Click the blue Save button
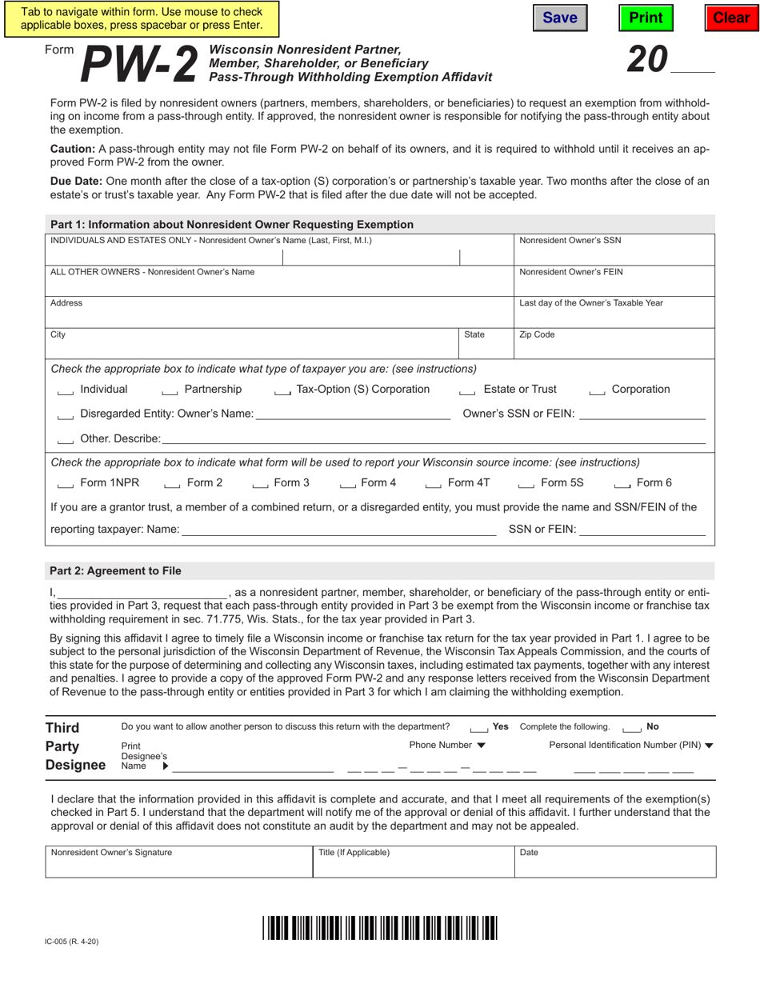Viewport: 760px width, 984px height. (560, 18)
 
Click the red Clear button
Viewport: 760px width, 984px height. (731, 18)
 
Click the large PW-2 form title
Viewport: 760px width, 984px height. (139, 64)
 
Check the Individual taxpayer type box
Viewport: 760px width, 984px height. (66, 390)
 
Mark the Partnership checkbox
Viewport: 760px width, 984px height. (170, 390)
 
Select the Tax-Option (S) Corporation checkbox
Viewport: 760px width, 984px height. (282, 390)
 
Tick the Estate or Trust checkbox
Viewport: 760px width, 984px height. (468, 390)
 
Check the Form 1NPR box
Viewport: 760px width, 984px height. (66, 484)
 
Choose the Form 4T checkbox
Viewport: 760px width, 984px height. (434, 484)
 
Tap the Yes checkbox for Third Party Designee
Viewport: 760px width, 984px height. (478, 728)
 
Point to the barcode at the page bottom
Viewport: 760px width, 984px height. (380, 927)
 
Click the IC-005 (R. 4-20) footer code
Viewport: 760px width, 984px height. (72, 942)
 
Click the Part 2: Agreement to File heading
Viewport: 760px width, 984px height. (115, 571)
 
